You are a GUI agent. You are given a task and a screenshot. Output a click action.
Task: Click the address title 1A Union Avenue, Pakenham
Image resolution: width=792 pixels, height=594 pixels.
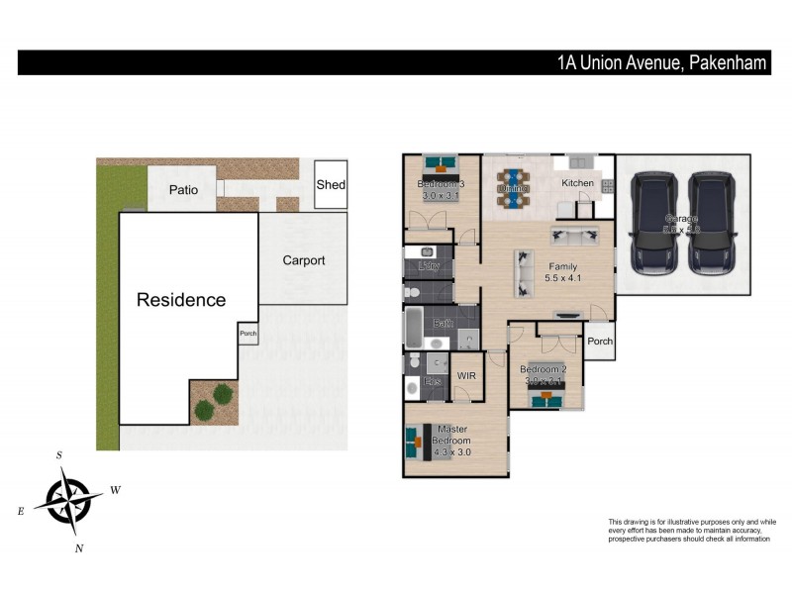[661, 63]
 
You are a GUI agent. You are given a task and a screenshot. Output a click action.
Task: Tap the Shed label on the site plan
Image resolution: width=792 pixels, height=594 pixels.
[331, 185]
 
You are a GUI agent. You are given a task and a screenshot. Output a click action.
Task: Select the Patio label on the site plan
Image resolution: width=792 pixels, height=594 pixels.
[182, 189]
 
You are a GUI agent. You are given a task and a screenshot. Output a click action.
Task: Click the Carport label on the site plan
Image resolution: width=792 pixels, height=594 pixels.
[303, 261]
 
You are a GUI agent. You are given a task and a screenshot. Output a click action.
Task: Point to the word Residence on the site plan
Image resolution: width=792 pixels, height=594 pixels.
[181, 300]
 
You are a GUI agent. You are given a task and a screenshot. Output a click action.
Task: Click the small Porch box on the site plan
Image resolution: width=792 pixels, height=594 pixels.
[247, 334]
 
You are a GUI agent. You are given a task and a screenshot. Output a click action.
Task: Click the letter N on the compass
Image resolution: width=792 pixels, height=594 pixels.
[79, 548]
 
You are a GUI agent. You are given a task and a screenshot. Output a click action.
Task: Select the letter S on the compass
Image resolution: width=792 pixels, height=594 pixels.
[59, 455]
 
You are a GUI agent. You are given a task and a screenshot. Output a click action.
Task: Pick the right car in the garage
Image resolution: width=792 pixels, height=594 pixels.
[712, 223]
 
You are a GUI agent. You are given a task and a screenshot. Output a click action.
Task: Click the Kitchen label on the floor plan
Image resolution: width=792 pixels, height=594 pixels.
[577, 184]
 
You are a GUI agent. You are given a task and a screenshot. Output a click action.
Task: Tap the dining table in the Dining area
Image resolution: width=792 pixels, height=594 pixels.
[513, 188]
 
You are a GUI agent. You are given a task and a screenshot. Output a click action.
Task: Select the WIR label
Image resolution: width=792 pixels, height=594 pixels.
[467, 376]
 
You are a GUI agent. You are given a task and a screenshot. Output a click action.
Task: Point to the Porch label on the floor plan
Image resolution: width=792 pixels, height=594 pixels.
[599, 342]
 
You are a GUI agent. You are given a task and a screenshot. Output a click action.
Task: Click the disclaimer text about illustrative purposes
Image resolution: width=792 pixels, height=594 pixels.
[691, 530]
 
